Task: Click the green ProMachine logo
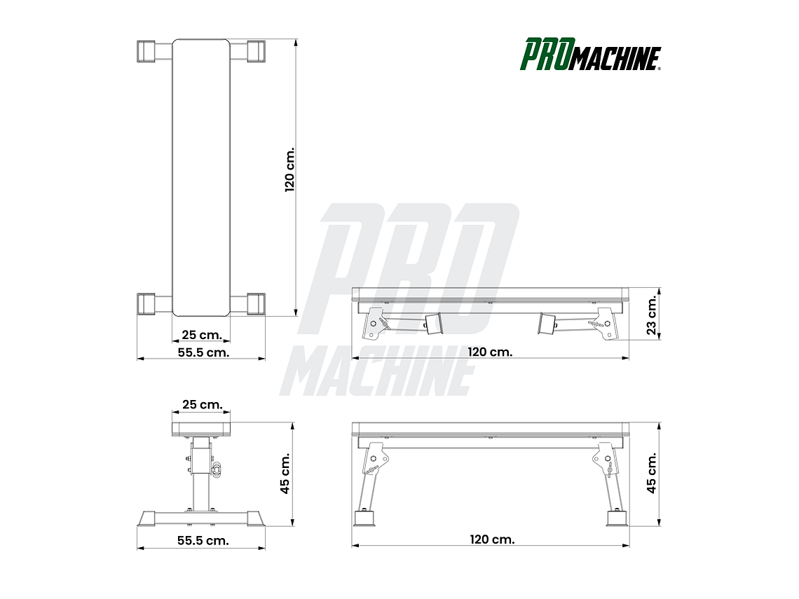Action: coord(590,55)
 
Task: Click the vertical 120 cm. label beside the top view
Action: coord(290,169)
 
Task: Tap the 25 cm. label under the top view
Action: coord(201,335)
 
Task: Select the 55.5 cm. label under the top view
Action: coord(203,352)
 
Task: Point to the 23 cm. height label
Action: coord(652,315)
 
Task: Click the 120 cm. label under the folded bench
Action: coord(491,352)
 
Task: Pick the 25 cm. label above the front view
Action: coord(202,404)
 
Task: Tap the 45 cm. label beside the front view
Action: coord(285,473)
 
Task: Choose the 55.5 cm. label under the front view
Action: coord(203,541)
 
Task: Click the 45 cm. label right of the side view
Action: coord(652,473)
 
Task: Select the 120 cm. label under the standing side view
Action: coord(493,539)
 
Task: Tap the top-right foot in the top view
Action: coord(255,51)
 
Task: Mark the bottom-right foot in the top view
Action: coord(255,303)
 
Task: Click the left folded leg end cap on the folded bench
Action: coord(433,324)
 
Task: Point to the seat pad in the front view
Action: coord(201,428)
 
